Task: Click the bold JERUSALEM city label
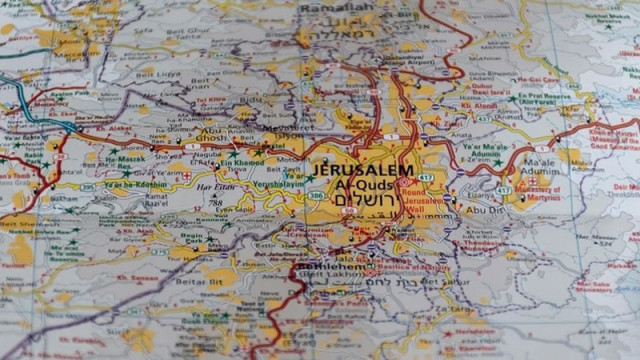click(362, 170)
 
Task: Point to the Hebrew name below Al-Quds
click(358, 201)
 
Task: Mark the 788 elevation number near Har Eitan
click(215, 203)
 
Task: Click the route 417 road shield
click(427, 177)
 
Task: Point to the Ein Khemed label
click(244, 160)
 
